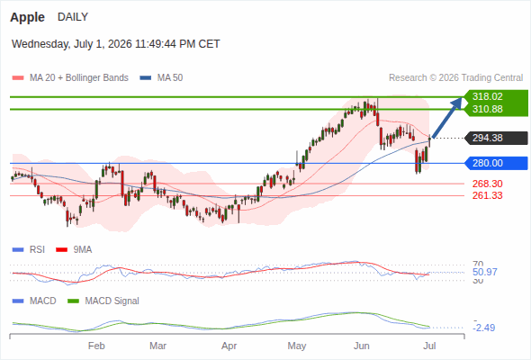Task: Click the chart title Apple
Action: pyautogui.click(x=27, y=17)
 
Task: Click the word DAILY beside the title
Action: pyautogui.click(x=73, y=16)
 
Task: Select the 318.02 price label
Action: pyautogui.click(x=487, y=96)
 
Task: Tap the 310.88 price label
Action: pyautogui.click(x=487, y=109)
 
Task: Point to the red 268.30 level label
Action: pyautogui.click(x=487, y=184)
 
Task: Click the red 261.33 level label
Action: pyautogui.click(x=487, y=195)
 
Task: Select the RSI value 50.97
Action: pyautogui.click(x=485, y=272)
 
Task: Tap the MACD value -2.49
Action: pyautogui.click(x=484, y=328)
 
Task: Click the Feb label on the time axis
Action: pyautogui.click(x=96, y=346)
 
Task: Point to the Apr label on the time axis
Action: pyautogui.click(x=229, y=346)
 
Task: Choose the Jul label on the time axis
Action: pyautogui.click(x=429, y=346)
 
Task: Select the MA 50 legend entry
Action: pyautogui.click(x=161, y=78)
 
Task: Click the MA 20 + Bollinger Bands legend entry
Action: pyautogui.click(x=70, y=78)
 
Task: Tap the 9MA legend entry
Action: pyautogui.click(x=74, y=249)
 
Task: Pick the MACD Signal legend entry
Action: pyautogui.click(x=103, y=301)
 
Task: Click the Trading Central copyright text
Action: pyautogui.click(x=455, y=78)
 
